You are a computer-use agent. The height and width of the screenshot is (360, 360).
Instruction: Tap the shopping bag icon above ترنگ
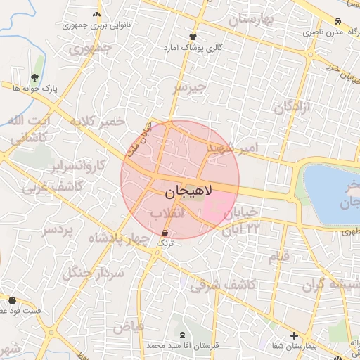(165, 233)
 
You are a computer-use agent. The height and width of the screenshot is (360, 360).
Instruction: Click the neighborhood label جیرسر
(191, 88)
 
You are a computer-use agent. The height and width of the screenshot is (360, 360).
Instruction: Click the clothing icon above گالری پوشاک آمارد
(193, 37)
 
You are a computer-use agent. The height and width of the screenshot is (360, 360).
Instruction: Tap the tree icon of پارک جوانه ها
(35, 77)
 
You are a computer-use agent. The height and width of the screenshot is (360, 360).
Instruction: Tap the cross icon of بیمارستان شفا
(294, 335)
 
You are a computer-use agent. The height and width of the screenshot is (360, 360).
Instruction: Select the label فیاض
(128, 326)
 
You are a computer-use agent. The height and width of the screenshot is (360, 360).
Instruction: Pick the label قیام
(278, 257)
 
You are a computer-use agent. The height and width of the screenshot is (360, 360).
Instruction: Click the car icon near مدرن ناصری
(338, 22)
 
